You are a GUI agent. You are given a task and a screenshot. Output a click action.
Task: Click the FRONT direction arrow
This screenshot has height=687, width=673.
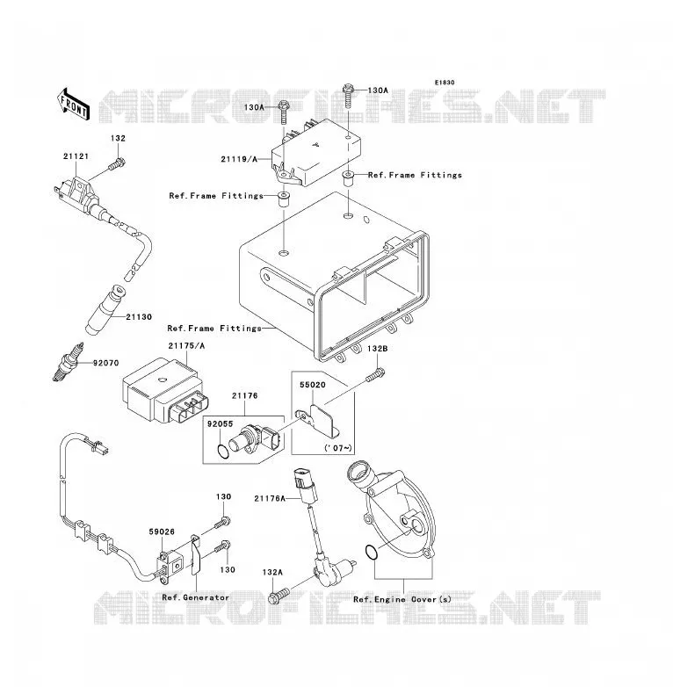[x=74, y=105]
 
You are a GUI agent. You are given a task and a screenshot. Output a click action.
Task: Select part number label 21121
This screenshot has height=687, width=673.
[x=76, y=156]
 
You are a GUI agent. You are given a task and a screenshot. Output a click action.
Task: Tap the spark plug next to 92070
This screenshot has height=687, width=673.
[x=68, y=362]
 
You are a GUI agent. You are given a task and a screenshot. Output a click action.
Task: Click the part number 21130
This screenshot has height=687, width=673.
[x=139, y=317]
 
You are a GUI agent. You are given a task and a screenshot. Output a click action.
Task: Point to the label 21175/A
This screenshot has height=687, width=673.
[x=186, y=346]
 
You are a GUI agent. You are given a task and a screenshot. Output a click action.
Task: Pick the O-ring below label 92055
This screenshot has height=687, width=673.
[x=223, y=452]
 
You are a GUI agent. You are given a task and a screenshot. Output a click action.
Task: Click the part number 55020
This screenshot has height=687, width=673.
[x=313, y=385]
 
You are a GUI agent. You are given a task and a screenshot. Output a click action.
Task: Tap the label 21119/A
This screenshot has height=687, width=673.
[x=239, y=160]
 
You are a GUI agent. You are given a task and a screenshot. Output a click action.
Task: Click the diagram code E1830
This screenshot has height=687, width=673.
[x=445, y=83]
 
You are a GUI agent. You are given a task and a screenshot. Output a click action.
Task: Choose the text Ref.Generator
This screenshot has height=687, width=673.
[x=195, y=597]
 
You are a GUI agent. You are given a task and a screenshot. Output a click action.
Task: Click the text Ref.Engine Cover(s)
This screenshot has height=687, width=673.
[x=402, y=599]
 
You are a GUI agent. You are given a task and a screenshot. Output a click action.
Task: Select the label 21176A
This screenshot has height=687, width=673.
[x=270, y=499]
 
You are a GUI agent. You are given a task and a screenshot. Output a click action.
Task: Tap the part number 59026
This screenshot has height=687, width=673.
[x=162, y=532]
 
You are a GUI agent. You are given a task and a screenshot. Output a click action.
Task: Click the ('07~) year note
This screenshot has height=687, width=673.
[x=337, y=448]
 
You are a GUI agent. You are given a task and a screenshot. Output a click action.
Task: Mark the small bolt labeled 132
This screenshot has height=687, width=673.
[x=117, y=165]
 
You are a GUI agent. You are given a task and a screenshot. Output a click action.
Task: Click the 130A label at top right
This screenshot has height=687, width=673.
[x=378, y=90]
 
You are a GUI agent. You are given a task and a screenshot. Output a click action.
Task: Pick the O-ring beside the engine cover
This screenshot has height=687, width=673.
[x=370, y=553]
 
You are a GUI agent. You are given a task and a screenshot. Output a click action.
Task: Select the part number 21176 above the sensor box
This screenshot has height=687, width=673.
[x=244, y=396]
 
